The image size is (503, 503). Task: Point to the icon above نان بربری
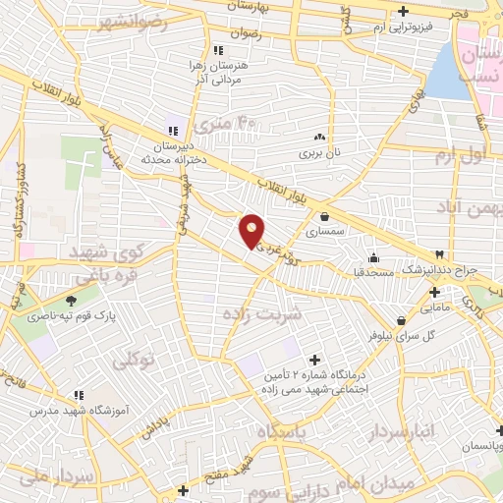pos(319,138)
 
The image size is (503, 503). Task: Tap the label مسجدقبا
pos(374,270)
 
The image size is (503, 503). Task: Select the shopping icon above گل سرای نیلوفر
pos(401,320)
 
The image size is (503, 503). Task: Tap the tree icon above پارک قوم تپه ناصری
pos(71,302)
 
